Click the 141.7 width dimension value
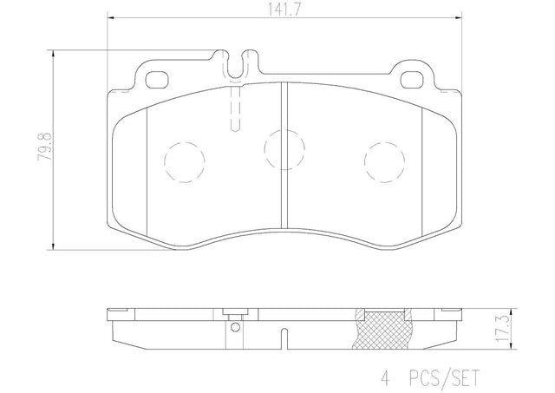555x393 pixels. pyautogui.click(x=284, y=10)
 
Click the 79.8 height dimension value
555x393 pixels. pyautogui.click(x=45, y=147)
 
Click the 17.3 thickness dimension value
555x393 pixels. pyautogui.click(x=502, y=330)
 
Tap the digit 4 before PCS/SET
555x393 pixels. pyautogui.click(x=385, y=377)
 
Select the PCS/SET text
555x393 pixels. pyautogui.click(x=444, y=377)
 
